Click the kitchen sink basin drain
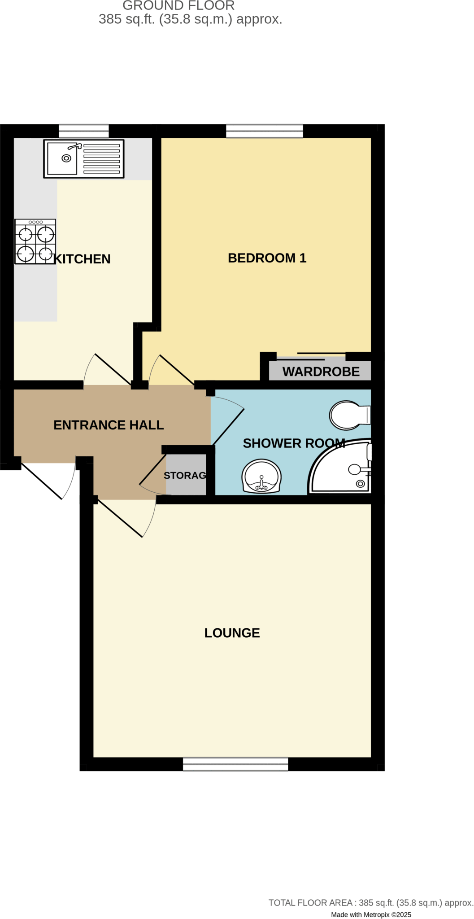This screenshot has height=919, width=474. [66, 158]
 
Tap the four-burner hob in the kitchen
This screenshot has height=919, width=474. [35, 242]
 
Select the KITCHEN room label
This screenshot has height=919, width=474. [82, 259]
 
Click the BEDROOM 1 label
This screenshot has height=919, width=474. [267, 258]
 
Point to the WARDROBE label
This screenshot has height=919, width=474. [321, 372]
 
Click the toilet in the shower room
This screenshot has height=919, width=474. [348, 415]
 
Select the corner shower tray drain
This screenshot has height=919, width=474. [360, 483]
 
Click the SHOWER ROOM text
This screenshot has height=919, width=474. [294, 443]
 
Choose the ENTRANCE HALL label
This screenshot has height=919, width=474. [109, 425]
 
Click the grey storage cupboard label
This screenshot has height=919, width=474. [185, 475]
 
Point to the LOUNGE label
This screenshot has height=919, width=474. [232, 633]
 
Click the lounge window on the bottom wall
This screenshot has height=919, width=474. [235, 764]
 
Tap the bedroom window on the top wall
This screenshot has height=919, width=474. [265, 131]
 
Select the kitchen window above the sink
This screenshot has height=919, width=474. [84, 131]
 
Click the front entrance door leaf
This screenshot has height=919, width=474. [41, 481]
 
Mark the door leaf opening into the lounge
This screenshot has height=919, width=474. [120, 518]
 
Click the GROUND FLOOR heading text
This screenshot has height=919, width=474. [178, 6]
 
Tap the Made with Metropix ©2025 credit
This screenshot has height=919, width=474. [371, 915]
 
